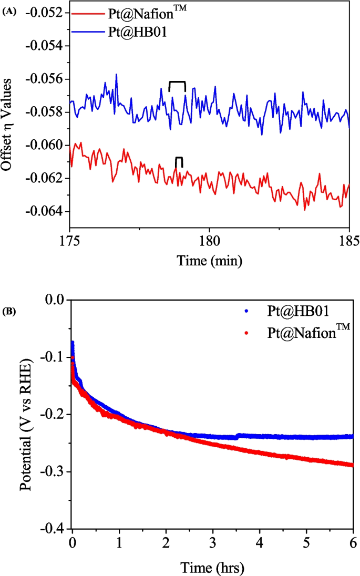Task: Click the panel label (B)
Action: tap(9, 312)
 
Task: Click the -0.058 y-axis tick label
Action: tap(46, 112)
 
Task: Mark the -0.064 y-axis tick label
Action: tap(46, 212)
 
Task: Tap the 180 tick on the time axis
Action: tap(210, 242)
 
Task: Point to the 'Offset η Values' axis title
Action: tap(9, 121)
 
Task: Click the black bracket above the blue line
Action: tap(177, 83)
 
